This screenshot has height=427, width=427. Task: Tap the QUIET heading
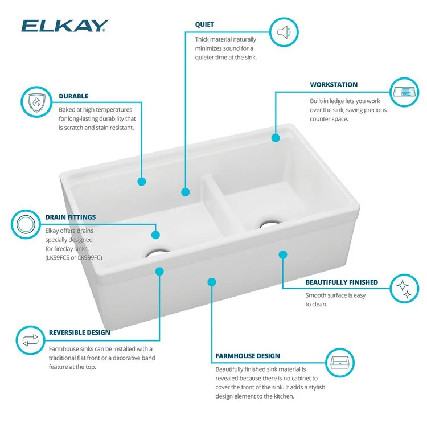pos(204,25)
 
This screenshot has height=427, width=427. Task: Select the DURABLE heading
pos(73,96)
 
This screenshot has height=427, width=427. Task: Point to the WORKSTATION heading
pos(334,84)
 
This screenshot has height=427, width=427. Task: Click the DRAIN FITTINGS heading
pos(70,217)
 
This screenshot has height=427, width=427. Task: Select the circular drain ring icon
pos(27,224)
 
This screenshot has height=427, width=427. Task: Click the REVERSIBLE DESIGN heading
pos(80,332)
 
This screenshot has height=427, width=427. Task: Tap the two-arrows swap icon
pos(30,340)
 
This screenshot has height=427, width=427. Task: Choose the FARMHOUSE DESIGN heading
pos(248,356)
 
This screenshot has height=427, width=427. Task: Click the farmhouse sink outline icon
pos(340,363)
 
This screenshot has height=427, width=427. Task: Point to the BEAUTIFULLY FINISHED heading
pos(342,282)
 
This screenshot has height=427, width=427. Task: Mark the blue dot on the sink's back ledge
pos(276,138)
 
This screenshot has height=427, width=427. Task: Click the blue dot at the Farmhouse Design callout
pos(212,281)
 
